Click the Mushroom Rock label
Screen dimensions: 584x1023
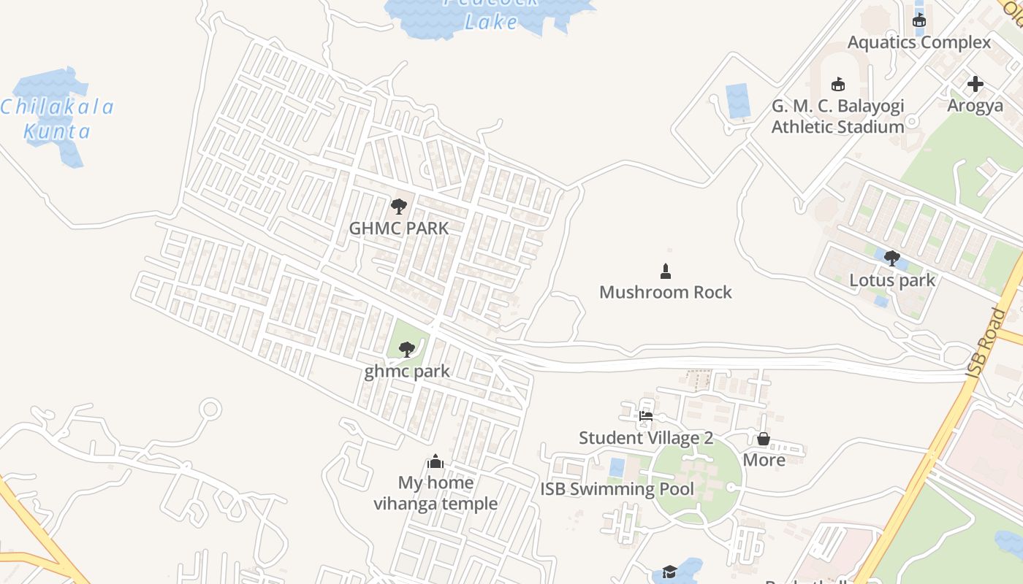[x=665, y=293]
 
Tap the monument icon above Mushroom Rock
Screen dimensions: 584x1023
[x=665, y=272]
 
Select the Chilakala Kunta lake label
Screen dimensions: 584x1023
[x=57, y=120]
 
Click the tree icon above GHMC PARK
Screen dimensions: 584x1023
[x=398, y=207]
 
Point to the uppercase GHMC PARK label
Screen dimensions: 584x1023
[x=398, y=228]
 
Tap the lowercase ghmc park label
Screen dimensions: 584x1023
[x=407, y=372]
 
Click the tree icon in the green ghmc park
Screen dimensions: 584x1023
[x=407, y=350]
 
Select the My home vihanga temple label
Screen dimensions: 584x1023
[x=436, y=493]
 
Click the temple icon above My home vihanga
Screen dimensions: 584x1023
[x=436, y=461]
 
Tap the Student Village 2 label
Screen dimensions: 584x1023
[x=646, y=438]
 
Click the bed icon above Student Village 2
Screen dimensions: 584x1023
[x=646, y=417]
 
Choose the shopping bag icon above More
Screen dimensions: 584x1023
[x=764, y=439]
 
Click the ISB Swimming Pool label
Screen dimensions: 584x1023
[x=617, y=489]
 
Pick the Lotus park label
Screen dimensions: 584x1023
[x=891, y=280]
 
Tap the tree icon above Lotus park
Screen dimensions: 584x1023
[x=891, y=258]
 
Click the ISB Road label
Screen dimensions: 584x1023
[x=987, y=343]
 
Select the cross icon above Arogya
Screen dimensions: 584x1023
[x=975, y=84]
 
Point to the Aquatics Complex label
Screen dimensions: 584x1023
[x=919, y=42]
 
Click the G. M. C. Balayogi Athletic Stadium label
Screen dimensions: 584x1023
[x=838, y=117]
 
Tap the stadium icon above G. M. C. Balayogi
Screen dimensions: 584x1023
[x=838, y=85]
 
